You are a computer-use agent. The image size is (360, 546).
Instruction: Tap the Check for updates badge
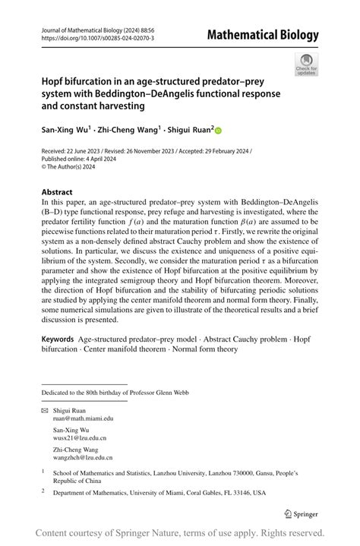(306, 64)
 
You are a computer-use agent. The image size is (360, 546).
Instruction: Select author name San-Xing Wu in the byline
(65, 130)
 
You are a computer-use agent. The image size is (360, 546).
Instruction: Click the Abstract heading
(58, 192)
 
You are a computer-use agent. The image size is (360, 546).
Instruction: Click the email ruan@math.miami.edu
(82, 418)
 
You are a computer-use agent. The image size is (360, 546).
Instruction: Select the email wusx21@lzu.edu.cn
(79, 438)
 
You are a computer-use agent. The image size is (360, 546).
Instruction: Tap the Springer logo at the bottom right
(300, 513)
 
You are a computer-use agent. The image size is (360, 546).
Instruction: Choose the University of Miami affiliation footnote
(159, 493)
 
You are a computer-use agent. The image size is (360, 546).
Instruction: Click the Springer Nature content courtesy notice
(180, 532)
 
